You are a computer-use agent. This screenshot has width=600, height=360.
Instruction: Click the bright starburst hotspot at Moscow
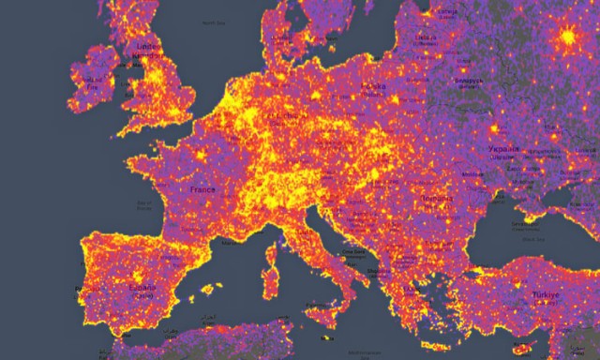pyautogui.click(x=568, y=38)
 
